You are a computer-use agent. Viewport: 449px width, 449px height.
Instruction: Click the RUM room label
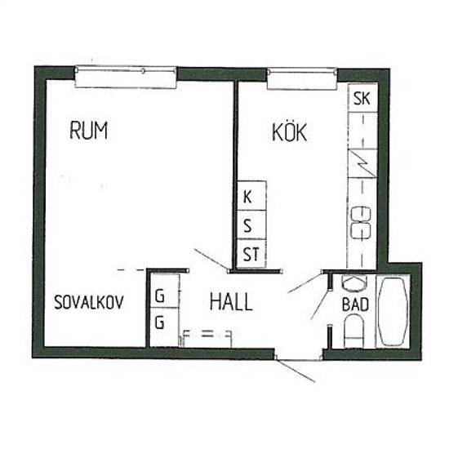(89, 131)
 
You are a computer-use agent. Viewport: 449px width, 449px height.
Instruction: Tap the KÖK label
(289, 131)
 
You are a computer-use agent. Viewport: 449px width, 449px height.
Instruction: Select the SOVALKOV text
(89, 302)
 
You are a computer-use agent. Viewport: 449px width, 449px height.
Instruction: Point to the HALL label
(231, 302)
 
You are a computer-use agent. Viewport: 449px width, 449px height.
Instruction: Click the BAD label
(355, 305)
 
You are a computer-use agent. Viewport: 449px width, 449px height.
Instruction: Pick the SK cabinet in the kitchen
(362, 98)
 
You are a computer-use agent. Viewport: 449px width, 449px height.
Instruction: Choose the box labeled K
(251, 196)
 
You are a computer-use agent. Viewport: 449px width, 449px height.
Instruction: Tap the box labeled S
(251, 224)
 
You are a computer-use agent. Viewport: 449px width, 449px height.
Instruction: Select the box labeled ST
(251, 254)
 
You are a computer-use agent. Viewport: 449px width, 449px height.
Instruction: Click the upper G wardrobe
(165, 291)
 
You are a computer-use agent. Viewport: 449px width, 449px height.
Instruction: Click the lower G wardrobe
(165, 327)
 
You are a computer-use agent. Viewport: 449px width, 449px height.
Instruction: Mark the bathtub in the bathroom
(393, 312)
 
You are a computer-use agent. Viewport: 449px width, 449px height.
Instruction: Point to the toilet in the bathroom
(354, 331)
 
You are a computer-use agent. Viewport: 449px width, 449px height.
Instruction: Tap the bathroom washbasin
(354, 283)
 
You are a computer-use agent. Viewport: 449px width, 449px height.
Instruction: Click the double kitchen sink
(361, 223)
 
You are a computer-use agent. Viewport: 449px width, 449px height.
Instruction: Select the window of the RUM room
(126, 77)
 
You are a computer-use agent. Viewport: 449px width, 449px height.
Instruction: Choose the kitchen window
(302, 78)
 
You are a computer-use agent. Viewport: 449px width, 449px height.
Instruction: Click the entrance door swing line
(296, 371)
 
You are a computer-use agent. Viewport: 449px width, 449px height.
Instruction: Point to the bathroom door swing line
(321, 305)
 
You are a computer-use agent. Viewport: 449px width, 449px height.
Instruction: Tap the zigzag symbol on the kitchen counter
(362, 163)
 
